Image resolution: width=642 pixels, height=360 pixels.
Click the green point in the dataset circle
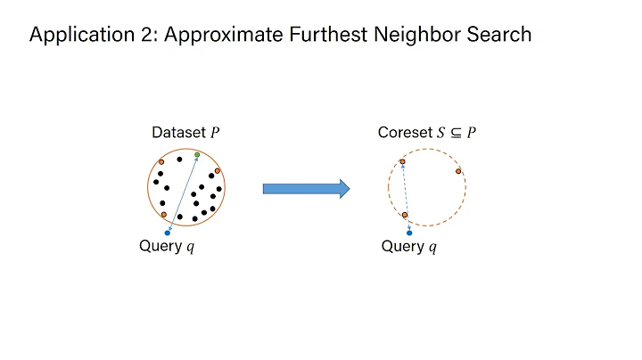click(x=197, y=155)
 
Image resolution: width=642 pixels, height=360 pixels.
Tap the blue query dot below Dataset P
click(x=168, y=233)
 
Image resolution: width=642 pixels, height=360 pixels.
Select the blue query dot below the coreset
click(x=409, y=233)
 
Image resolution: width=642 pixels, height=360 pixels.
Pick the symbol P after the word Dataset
click(x=214, y=134)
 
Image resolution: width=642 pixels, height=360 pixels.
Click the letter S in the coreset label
click(x=441, y=134)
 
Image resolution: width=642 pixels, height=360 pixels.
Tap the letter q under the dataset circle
click(x=189, y=248)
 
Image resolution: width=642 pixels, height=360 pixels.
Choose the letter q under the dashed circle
click(x=432, y=248)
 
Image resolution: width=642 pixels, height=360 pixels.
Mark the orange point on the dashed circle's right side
click(x=458, y=171)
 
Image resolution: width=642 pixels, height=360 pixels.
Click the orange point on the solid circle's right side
click(x=218, y=170)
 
